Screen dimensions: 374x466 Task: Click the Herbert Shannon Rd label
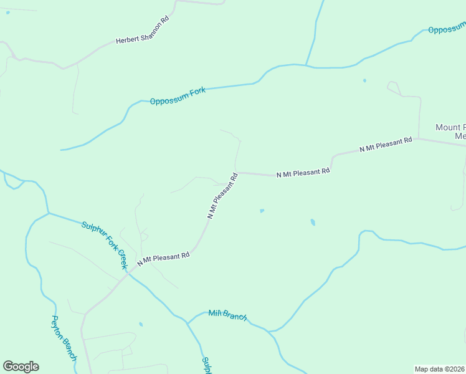pyautogui.click(x=143, y=31)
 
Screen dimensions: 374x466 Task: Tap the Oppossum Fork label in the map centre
pyautogui.click(x=178, y=96)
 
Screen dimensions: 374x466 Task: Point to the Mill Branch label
pyautogui.click(x=227, y=315)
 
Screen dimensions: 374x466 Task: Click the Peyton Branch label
pyautogui.click(x=64, y=337)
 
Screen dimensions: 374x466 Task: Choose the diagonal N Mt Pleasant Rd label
pyautogui.click(x=223, y=195)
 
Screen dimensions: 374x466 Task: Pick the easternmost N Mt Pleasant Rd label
pyautogui.click(x=386, y=144)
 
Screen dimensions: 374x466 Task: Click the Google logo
pyautogui.click(x=21, y=367)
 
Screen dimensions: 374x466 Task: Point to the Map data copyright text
pyautogui.click(x=440, y=369)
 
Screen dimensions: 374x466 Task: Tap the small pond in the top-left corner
pyautogui.click(x=7, y=12)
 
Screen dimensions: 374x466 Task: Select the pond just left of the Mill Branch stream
pyautogui.click(x=141, y=324)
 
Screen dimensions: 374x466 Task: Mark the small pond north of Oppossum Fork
pyautogui.click(x=364, y=80)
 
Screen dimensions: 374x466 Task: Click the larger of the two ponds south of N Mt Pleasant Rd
pyautogui.click(x=313, y=222)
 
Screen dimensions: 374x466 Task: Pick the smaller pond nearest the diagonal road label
pyautogui.click(x=262, y=211)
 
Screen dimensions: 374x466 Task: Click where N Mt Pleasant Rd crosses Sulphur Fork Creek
pyautogui.click(x=128, y=273)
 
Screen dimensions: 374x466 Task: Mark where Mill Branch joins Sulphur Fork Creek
pyautogui.click(x=187, y=322)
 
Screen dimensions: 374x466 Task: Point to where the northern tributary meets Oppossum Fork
pyautogui.click(x=306, y=64)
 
